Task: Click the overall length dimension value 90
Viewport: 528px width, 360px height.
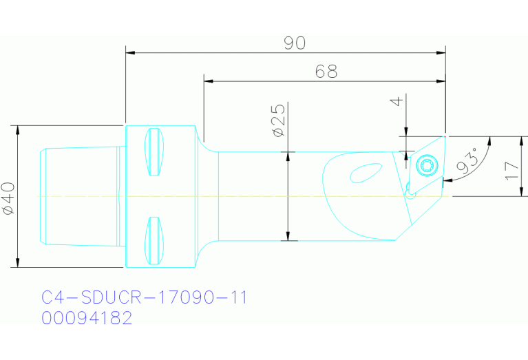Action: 294,43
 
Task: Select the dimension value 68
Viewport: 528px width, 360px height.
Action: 326,72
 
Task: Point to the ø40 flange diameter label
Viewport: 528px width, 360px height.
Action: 9,198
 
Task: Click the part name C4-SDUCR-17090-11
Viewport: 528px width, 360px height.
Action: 144,297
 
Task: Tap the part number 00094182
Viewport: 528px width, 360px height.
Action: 87,319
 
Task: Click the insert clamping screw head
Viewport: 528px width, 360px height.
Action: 425,165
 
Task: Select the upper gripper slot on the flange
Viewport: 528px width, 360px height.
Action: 157,152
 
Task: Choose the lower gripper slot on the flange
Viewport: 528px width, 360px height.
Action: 157,240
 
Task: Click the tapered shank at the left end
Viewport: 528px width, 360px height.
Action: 79,195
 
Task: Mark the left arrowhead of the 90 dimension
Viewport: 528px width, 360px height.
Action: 129,52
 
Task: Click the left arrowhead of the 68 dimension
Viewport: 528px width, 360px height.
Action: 208,81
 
